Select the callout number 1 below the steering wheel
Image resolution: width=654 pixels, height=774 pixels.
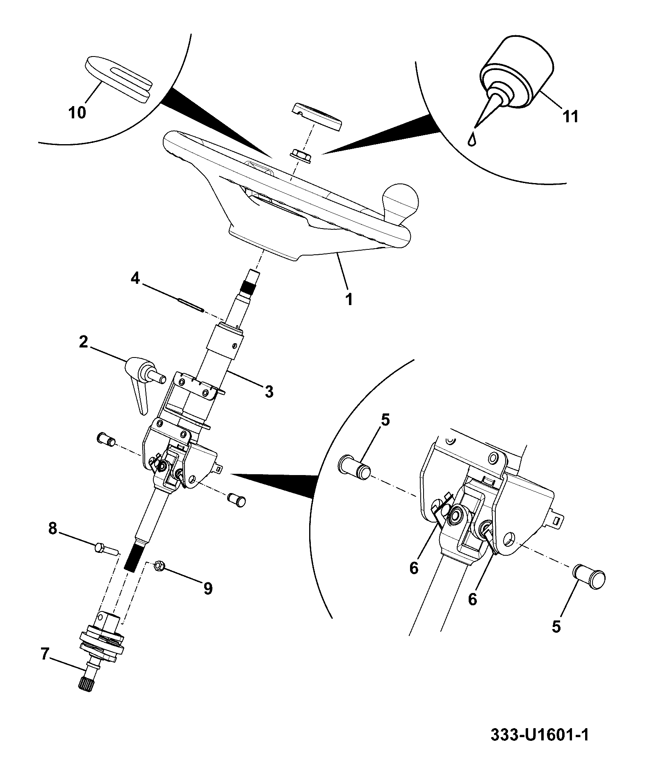349,299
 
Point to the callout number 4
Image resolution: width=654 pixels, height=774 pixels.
135,279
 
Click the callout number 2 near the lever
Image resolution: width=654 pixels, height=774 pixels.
84,342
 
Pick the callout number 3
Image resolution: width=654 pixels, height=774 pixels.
269,392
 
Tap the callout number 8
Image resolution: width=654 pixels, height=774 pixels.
52,529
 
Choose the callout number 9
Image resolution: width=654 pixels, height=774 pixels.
208,588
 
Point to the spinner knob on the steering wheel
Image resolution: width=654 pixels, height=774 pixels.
399,202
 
